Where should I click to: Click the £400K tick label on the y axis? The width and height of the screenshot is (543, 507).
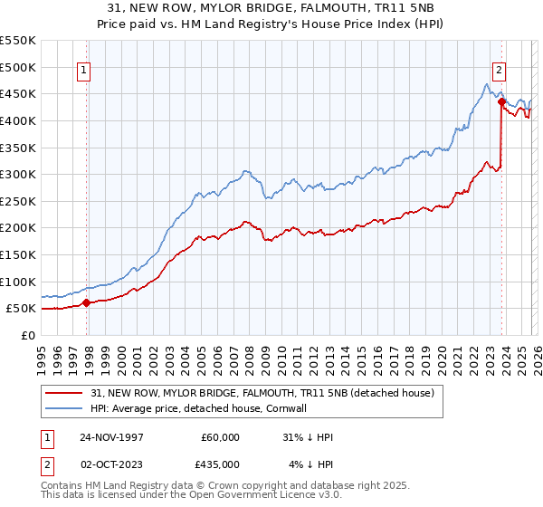click(x=18, y=120)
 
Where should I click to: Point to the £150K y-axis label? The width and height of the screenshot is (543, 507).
click(x=18, y=254)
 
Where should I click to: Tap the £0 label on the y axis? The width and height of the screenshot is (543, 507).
click(x=29, y=335)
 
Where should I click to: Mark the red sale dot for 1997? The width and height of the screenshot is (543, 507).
click(x=87, y=303)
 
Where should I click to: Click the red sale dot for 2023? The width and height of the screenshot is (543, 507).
click(x=500, y=101)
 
